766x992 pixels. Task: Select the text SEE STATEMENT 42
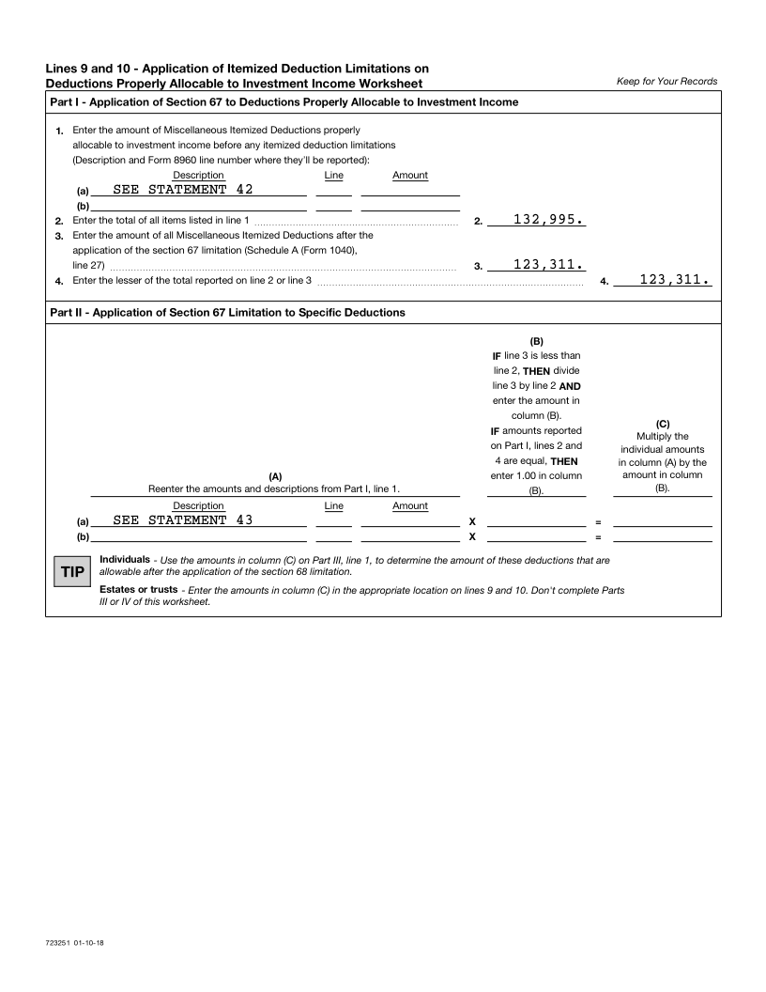(182, 189)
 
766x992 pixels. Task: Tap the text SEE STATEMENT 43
(182, 519)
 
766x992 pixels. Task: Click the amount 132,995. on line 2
(548, 220)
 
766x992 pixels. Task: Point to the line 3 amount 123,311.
(548, 265)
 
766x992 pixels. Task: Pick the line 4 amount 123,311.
(674, 280)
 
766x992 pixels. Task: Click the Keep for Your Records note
(666, 82)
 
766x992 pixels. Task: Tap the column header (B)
(537, 341)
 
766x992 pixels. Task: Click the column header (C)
(662, 424)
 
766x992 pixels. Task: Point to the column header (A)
(275, 476)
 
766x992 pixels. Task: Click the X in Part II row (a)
(472, 521)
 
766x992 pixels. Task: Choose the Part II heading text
(227, 313)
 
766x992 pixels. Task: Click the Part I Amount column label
(410, 175)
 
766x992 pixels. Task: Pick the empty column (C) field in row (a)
(662, 520)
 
